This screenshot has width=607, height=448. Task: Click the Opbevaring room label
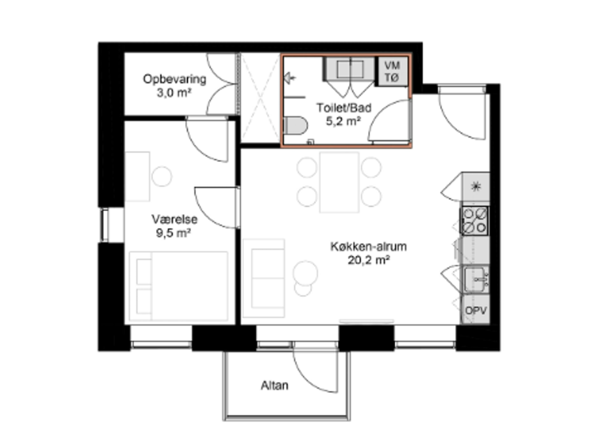175,79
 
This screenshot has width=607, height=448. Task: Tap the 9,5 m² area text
174,234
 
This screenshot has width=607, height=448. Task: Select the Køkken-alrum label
369,246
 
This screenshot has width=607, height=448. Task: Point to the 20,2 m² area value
369,260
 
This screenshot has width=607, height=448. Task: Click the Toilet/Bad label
344,108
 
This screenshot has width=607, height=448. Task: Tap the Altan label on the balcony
275,385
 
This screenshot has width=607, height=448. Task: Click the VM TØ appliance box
392,72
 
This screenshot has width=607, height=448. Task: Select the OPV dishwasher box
476,310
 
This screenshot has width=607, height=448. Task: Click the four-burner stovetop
474,221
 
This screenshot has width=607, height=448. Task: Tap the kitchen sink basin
476,279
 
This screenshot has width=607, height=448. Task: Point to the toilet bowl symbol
296,125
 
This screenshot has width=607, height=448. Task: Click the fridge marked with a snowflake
476,188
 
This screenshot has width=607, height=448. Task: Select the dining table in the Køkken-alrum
339,182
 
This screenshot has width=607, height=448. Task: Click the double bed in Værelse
179,286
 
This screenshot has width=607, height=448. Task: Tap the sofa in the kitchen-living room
264,278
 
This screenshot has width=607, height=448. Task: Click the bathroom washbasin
350,70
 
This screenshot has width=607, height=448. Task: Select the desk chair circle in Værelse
162,177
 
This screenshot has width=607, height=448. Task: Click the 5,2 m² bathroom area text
344,121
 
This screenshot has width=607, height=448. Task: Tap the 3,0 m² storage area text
174,93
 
